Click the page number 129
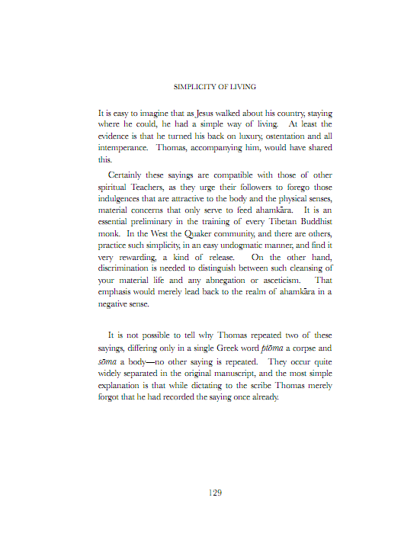[215, 493]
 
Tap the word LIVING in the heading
[241, 87]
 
